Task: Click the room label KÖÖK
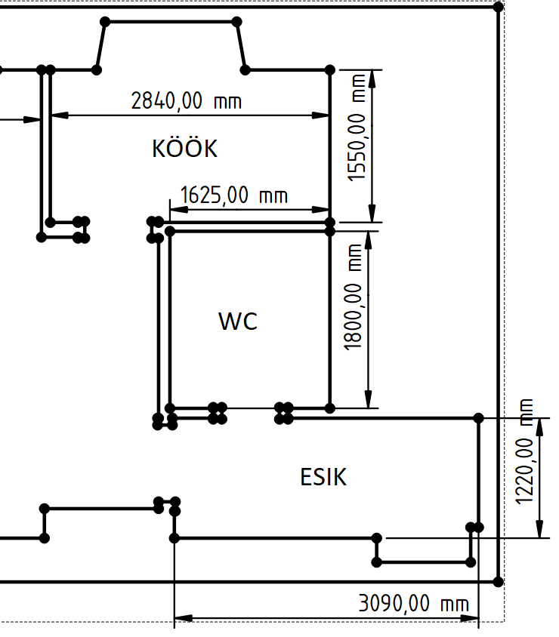click(184, 149)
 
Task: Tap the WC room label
click(238, 322)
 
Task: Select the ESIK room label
click(323, 477)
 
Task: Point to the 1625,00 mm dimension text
click(234, 196)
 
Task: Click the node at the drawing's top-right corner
click(497, 7)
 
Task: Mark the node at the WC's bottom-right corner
click(329, 408)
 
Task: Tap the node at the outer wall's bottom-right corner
click(497, 581)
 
